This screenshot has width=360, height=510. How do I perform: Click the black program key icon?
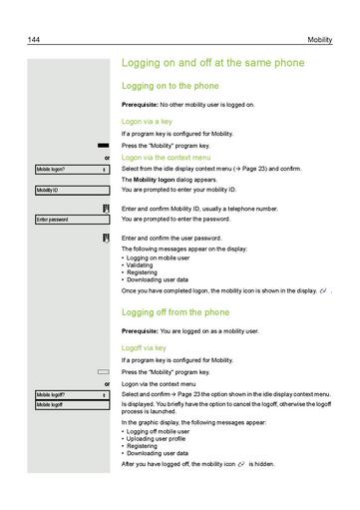click(103, 145)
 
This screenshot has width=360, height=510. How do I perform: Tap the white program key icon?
click(103, 371)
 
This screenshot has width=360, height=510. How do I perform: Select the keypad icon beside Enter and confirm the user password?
click(105, 238)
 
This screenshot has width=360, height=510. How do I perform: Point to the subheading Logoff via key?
click(146, 347)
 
